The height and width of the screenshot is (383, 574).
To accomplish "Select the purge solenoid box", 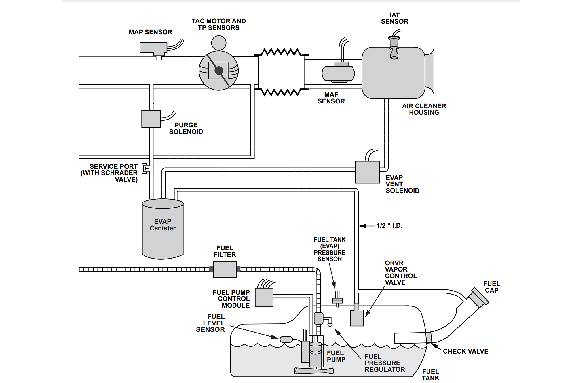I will pos(151,119).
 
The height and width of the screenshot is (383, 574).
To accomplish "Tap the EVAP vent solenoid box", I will pos(367,172).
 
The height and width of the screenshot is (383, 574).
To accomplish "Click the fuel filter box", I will pos(225,269).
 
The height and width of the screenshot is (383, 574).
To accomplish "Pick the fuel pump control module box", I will pos(264,297).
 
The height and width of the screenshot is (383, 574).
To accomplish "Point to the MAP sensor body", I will pos(153,48).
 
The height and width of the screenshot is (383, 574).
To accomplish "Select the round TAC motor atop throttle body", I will pos(219,43).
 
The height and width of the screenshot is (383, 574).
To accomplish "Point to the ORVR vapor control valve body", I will pos(357,317).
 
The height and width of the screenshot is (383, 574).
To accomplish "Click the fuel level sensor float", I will pos(286,339).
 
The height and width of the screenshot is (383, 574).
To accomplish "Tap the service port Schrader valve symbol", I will pos(146,168).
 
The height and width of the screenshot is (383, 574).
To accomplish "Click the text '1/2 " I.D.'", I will pos(389,226).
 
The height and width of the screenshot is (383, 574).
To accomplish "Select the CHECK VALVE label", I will pos(465,351).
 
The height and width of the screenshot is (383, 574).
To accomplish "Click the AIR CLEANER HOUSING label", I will pos(424,109).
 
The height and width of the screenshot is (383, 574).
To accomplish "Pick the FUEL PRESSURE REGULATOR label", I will pos(385,363).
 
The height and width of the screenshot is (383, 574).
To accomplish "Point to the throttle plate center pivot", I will pos(219,70).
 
